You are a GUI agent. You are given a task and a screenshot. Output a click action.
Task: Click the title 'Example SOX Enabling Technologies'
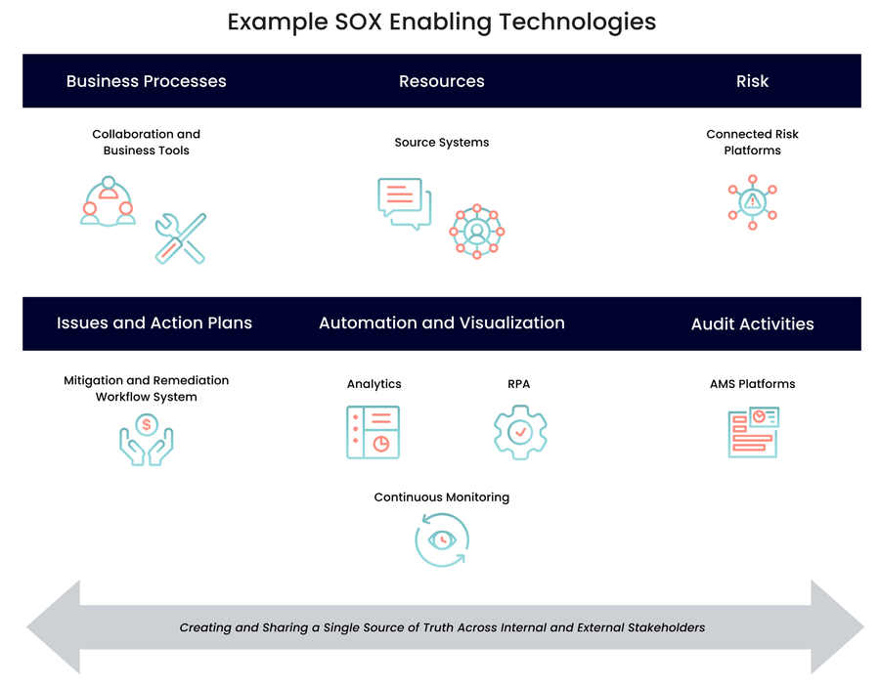(x=441, y=21)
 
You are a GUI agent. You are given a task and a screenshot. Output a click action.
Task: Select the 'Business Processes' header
(x=146, y=81)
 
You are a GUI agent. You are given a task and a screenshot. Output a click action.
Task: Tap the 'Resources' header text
(x=441, y=81)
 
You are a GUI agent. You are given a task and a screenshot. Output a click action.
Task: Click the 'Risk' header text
(x=752, y=81)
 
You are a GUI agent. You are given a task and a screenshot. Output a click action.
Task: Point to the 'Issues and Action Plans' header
(x=154, y=323)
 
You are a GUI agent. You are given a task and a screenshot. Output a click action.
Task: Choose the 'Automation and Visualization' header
(x=441, y=323)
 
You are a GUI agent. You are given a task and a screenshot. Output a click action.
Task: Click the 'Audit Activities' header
(x=752, y=324)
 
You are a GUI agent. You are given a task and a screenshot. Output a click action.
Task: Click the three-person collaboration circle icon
(x=108, y=201)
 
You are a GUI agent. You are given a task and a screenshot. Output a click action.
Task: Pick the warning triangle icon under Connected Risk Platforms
(x=752, y=201)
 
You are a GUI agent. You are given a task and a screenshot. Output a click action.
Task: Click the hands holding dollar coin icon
(x=146, y=439)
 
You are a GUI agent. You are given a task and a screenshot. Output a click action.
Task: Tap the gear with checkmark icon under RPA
(x=519, y=431)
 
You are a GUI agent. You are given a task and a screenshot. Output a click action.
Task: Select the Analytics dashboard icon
(x=374, y=432)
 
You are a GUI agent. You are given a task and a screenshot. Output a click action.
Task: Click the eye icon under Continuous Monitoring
(x=442, y=539)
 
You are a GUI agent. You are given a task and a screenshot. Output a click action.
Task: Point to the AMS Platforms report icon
(x=753, y=432)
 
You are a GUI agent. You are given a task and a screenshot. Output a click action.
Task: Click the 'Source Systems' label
(x=441, y=143)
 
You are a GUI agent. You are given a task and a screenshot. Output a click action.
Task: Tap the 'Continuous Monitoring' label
(x=441, y=497)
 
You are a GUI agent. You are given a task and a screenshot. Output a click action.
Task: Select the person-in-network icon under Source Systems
(x=476, y=232)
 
